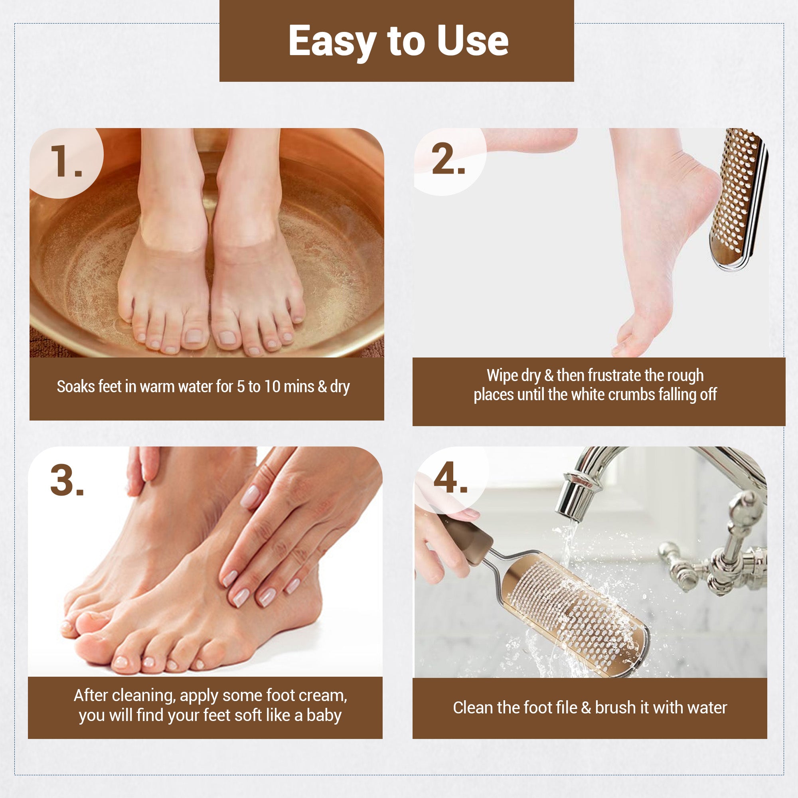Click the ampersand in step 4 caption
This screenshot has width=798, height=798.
[x=586, y=708]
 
